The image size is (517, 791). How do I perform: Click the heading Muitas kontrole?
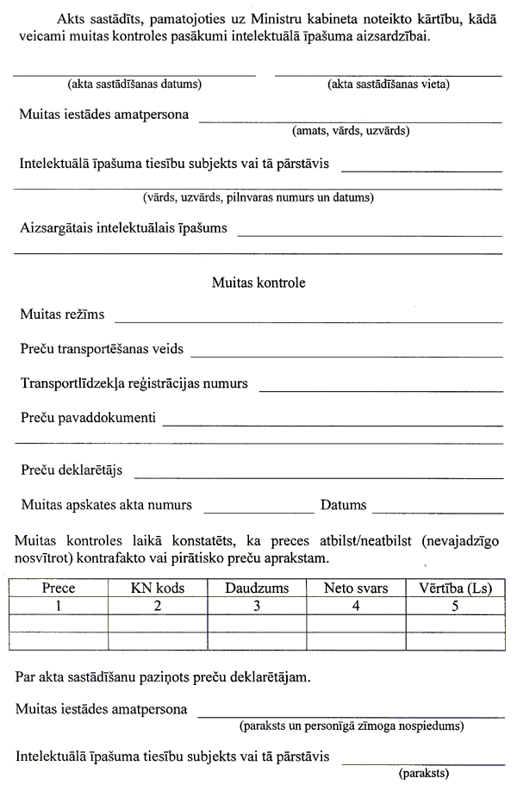pos(258,282)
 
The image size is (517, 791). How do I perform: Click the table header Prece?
pos(59,589)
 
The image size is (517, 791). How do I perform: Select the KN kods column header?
pos(158,589)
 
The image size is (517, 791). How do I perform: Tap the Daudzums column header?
pos(257,589)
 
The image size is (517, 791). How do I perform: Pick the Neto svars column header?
pos(356,589)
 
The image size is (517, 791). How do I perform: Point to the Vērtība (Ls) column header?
pos(455,589)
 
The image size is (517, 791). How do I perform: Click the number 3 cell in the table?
pos(257,606)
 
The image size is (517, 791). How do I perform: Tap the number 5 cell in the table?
pos(455,606)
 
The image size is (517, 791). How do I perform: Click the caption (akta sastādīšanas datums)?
pos(134,84)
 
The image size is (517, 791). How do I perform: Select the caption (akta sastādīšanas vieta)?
pos(389,84)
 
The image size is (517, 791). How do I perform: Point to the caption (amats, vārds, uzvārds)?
pos(351,131)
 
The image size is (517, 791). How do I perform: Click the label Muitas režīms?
pos(62,315)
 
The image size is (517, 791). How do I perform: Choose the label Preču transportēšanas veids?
pos(102,349)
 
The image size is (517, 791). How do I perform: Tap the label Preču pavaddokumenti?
pos(88,418)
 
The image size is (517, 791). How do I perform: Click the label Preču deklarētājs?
pos(74,470)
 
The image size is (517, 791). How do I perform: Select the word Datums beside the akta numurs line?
pos(343,505)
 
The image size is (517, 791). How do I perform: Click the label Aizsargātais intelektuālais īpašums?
pos(123,228)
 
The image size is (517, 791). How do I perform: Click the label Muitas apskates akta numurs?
pos(106,505)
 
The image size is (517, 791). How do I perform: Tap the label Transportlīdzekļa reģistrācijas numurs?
pos(134,383)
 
